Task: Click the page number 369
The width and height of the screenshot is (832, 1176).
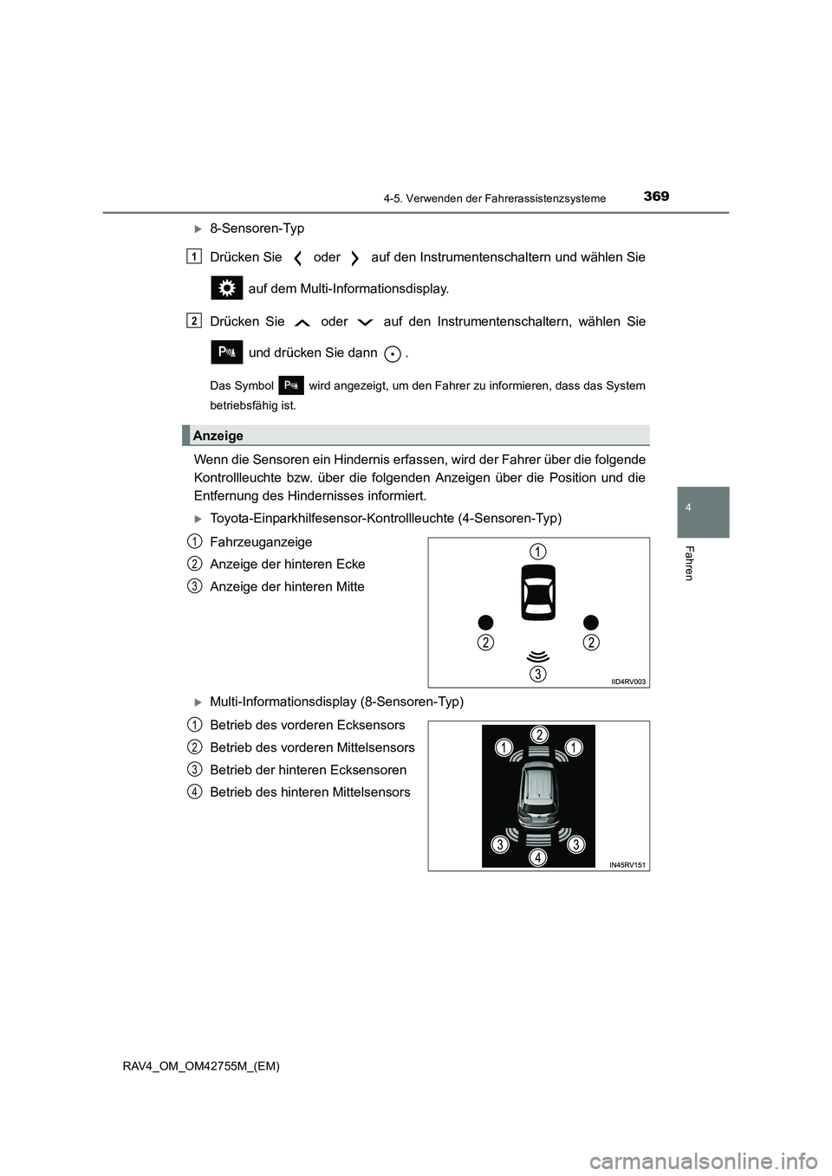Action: tap(656, 197)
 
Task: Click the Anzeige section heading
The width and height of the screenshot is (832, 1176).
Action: tap(218, 436)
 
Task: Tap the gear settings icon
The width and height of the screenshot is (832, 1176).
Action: tap(226, 288)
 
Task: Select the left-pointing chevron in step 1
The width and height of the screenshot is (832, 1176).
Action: tap(297, 258)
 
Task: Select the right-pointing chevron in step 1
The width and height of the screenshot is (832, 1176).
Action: tap(355, 258)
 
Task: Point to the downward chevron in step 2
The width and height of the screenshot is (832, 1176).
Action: tap(365, 322)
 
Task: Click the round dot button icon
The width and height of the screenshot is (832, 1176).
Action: tap(393, 353)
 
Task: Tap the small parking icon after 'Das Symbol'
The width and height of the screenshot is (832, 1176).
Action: tap(291, 386)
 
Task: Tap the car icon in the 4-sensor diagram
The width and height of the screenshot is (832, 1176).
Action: tap(538, 593)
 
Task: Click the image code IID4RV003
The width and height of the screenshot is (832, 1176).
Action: tap(628, 682)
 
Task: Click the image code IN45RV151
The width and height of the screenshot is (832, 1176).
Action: tap(628, 864)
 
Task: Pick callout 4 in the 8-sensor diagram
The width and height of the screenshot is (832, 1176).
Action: tap(538, 856)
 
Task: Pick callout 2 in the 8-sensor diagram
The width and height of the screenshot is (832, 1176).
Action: tap(538, 734)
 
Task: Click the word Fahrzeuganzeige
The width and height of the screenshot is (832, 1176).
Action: tap(261, 542)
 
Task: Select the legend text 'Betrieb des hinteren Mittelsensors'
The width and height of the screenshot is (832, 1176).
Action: tap(310, 792)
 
